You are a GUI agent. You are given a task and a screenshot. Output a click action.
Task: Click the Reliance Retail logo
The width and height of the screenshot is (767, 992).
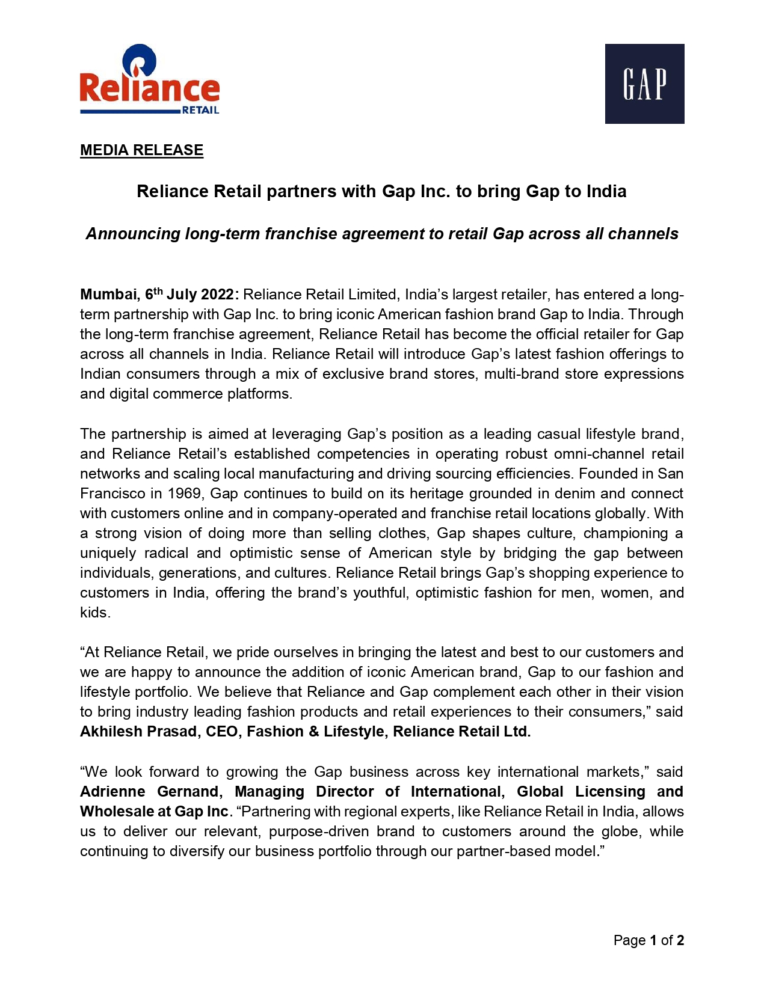[149, 80]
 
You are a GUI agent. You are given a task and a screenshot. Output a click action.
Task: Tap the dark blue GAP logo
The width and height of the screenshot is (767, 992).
[644, 84]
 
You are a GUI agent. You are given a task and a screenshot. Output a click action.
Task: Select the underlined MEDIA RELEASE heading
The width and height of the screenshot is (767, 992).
[141, 150]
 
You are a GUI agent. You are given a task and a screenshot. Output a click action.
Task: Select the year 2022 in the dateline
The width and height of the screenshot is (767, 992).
[217, 295]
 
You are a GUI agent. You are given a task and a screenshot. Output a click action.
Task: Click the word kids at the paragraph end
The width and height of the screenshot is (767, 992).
[94, 613]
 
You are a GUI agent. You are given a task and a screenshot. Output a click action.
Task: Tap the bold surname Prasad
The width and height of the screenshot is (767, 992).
[173, 732]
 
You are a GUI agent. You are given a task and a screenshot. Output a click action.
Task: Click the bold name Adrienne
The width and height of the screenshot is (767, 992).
[112, 792]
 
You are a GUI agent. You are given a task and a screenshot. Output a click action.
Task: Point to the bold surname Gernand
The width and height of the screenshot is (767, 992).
[189, 792]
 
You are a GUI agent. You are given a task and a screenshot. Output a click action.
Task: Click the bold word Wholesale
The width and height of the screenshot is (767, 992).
[117, 812]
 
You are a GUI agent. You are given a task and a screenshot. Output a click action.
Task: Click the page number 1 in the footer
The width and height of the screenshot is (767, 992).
[653, 940]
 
